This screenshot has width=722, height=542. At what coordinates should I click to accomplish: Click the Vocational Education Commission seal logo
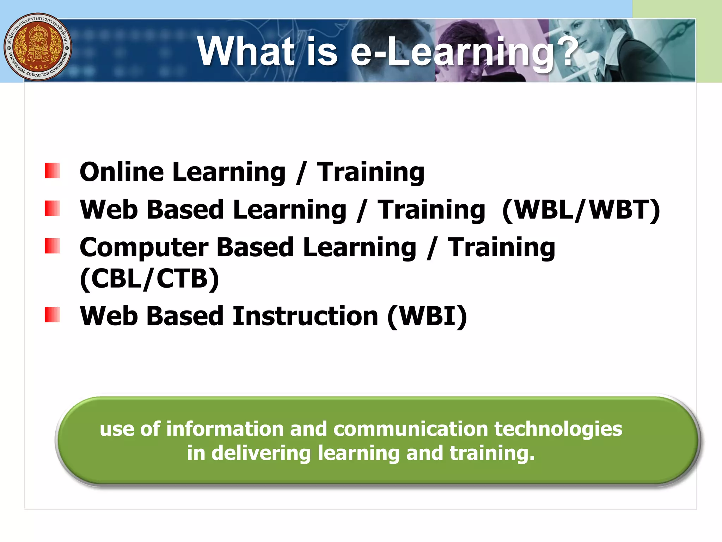click(x=38, y=47)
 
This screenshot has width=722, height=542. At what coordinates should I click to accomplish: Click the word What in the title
click(x=246, y=52)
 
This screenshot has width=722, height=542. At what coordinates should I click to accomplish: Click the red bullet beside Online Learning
click(x=52, y=170)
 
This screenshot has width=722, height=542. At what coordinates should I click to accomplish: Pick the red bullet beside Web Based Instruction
click(x=52, y=314)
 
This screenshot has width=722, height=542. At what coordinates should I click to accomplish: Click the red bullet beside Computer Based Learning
click(x=52, y=246)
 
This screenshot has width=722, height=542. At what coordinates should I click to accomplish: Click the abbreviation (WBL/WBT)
click(x=581, y=210)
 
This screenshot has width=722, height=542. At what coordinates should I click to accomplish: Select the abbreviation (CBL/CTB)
click(x=149, y=279)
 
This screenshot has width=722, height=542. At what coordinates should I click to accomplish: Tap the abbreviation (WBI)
click(x=427, y=316)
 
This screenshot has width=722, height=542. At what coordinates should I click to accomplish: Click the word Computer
click(x=144, y=248)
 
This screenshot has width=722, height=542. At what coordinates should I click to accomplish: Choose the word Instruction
click(x=305, y=316)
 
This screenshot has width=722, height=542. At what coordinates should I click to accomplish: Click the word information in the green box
click(x=225, y=429)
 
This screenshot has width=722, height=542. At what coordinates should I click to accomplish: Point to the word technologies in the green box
click(x=558, y=429)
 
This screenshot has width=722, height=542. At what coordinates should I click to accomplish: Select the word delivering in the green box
click(x=261, y=453)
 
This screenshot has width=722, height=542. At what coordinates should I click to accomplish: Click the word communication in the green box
click(x=411, y=429)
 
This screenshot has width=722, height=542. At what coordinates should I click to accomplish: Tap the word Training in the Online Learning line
click(x=371, y=173)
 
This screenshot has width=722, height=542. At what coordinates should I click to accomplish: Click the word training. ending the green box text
click(x=492, y=453)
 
